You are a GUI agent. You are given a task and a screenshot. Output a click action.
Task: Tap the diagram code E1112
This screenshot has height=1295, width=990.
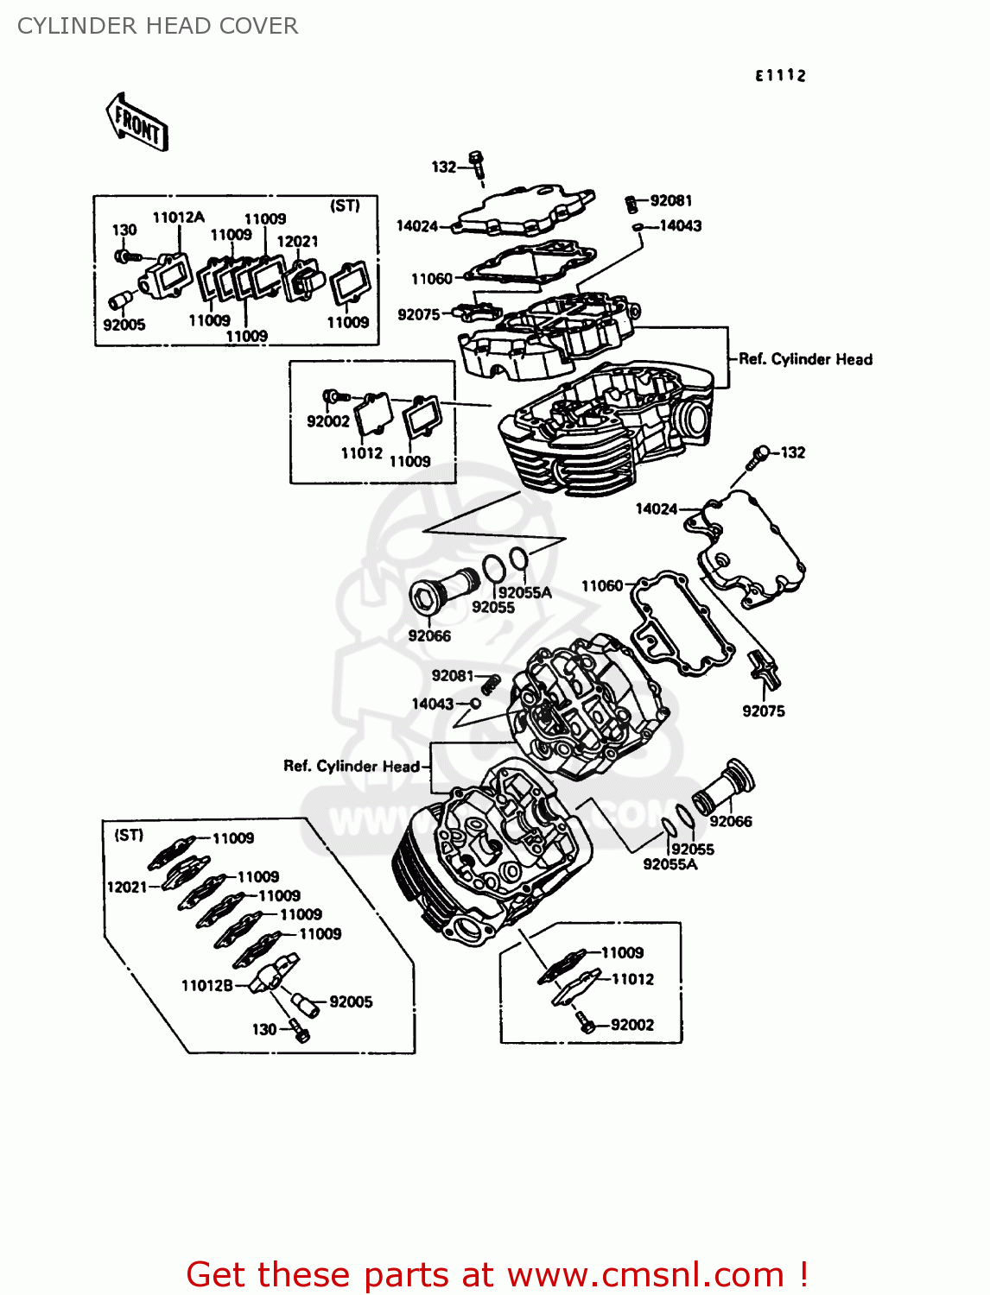click(780, 76)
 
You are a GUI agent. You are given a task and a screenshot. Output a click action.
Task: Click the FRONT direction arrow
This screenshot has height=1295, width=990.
click(136, 123)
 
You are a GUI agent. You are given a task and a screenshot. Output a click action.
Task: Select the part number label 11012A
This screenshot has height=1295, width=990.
click(178, 218)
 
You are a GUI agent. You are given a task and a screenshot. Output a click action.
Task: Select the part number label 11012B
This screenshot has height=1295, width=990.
click(206, 985)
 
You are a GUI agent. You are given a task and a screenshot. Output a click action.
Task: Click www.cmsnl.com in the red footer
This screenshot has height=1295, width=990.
click(644, 1274)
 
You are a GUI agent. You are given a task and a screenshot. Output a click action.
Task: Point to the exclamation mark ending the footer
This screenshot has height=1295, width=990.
click(803, 1274)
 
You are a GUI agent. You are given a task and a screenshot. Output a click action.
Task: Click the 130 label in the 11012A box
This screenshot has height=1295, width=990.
click(124, 230)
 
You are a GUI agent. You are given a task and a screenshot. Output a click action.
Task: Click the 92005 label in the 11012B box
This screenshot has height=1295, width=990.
click(351, 1001)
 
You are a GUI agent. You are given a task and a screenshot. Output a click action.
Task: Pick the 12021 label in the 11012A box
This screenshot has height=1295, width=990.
click(297, 242)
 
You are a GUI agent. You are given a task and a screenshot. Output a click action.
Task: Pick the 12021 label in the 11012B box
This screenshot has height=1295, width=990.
click(127, 887)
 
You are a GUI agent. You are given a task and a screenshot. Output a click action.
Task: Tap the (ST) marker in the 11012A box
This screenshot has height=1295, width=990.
click(345, 205)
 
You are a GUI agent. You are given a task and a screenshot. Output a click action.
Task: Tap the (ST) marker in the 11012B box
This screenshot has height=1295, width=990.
click(129, 835)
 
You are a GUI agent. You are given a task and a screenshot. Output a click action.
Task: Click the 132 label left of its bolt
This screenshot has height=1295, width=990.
click(443, 167)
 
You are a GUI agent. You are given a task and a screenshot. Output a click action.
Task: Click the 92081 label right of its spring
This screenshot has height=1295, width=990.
click(671, 200)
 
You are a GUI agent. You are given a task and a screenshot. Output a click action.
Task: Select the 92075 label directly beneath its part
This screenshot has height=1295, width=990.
click(764, 711)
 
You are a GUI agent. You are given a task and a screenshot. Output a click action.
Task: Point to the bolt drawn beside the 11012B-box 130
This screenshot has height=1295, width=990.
click(300, 1031)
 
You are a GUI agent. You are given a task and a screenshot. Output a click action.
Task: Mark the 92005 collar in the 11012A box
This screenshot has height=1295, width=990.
click(119, 300)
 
